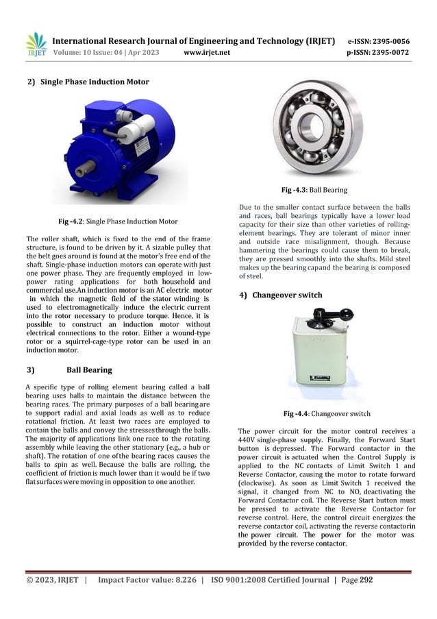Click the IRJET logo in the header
pos(36,44)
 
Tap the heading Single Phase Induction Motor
pos(94,82)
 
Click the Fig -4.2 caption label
pos(73,221)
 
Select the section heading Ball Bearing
pos(89,370)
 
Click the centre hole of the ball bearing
pos(313,126)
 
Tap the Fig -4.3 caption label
pos(295,190)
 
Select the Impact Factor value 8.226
pos(179,580)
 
